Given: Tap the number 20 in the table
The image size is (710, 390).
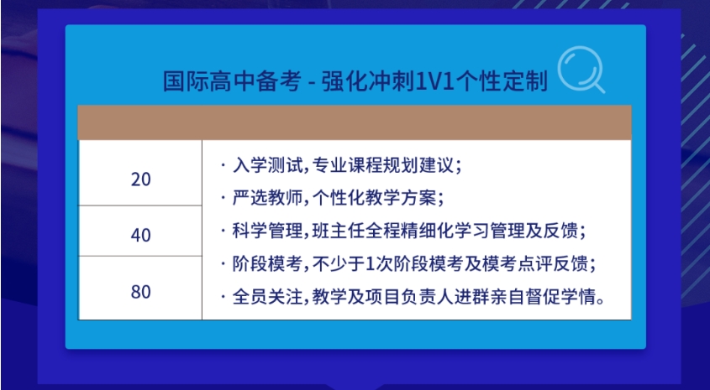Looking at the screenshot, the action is coord(141,179).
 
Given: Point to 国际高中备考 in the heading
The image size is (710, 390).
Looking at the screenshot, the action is coord(232,81).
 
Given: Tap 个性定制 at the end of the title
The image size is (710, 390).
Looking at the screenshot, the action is coord(502,81).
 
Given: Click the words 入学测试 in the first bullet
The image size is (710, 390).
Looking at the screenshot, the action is coord(267,165).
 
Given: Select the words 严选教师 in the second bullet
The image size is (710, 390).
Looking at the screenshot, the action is coord(267,198).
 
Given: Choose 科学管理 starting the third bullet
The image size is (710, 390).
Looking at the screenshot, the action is coord(267,231).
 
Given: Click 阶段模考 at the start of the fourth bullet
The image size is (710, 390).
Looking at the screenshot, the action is coord(267,264).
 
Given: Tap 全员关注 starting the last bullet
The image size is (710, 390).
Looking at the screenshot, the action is coord(267,297).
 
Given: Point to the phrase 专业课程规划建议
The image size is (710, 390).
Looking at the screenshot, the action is coord(382,165).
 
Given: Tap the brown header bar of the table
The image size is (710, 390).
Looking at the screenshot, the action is coord(355,122).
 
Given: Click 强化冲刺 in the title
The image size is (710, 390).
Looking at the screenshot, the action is coord(368,81).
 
